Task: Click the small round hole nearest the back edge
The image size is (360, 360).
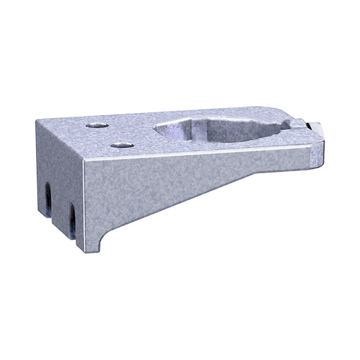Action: click(97, 125)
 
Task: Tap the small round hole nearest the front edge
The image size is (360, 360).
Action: click(122, 145)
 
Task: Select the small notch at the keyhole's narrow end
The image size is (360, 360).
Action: click(287, 125)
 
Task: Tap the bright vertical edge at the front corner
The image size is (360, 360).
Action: click(83, 203)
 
